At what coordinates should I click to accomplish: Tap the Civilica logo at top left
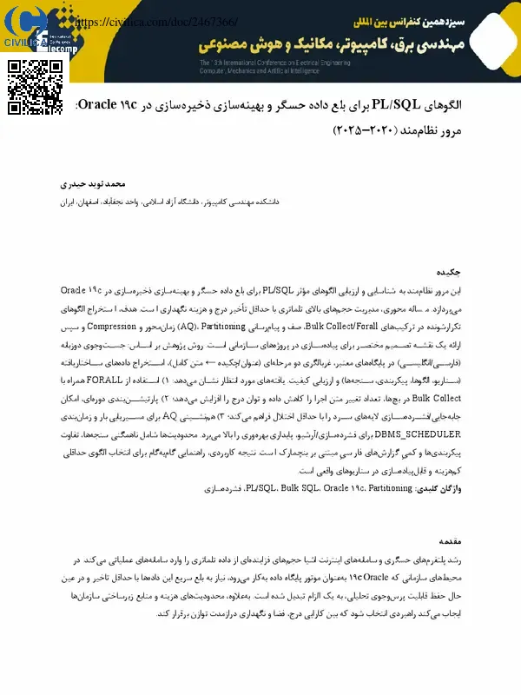tap(30, 30)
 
